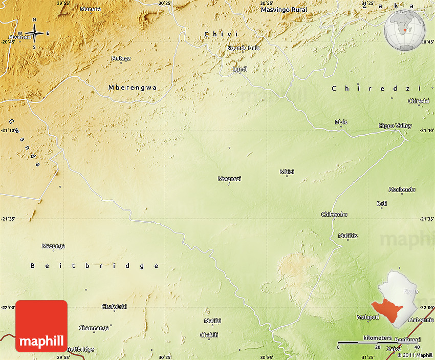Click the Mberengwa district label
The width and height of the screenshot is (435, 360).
pyautogui.click(x=133, y=88)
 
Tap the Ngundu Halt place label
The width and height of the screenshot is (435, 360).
pyautogui.click(x=243, y=48)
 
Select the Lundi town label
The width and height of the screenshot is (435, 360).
pyautogui.click(x=240, y=69)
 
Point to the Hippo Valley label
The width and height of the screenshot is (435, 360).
pyautogui.click(x=395, y=125)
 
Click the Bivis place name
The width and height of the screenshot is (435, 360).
pyautogui.click(x=341, y=122)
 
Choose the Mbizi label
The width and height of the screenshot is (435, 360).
pyautogui.click(x=287, y=172)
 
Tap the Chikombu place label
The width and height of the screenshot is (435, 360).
pyautogui.click(x=334, y=214)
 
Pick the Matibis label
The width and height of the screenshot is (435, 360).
pyautogui.click(x=348, y=236)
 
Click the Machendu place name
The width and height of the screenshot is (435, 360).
pyautogui.click(x=402, y=189)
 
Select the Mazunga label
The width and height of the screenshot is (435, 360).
pyautogui.click(x=53, y=246)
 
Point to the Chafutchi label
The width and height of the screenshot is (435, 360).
pyautogui.click(x=114, y=306)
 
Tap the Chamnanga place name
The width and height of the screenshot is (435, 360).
pyautogui.click(x=94, y=328)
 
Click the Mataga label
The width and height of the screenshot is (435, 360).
pyautogui.click(x=121, y=58)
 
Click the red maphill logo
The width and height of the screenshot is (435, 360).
pyautogui.click(x=41, y=326)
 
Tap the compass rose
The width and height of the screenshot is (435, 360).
pyautogui.click(x=34, y=34)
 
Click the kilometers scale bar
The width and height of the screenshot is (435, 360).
pyautogui.click(x=377, y=342)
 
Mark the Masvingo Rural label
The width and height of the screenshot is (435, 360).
pyautogui.click(x=284, y=10)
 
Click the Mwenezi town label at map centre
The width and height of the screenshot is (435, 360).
pyautogui.click(x=229, y=179)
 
